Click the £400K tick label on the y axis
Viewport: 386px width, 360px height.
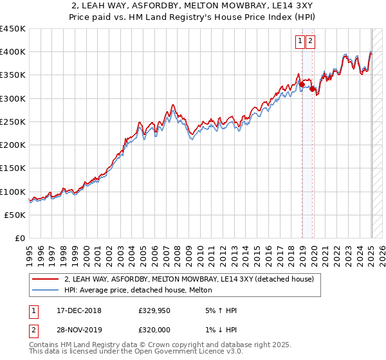13,52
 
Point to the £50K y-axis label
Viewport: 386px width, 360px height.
15,215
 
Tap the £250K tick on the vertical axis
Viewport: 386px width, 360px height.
13,122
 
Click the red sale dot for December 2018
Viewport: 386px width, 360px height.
302,84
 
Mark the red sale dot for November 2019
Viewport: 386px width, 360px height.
312,89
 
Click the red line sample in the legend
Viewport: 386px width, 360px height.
45,279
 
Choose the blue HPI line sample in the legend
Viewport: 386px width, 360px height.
45,291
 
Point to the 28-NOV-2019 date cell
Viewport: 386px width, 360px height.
78,331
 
